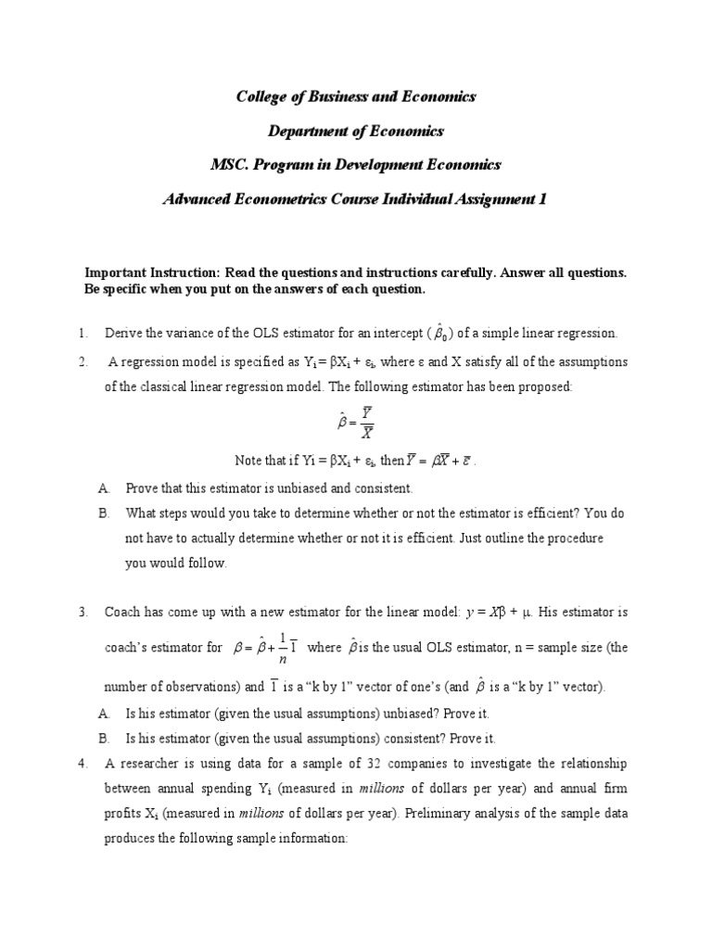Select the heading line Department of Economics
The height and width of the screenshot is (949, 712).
355,131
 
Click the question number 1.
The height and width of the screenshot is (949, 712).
83,333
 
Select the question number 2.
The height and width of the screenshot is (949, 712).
83,361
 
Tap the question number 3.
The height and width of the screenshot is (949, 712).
83,612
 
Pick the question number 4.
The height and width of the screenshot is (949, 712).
83,764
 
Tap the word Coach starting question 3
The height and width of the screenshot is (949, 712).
122,612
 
